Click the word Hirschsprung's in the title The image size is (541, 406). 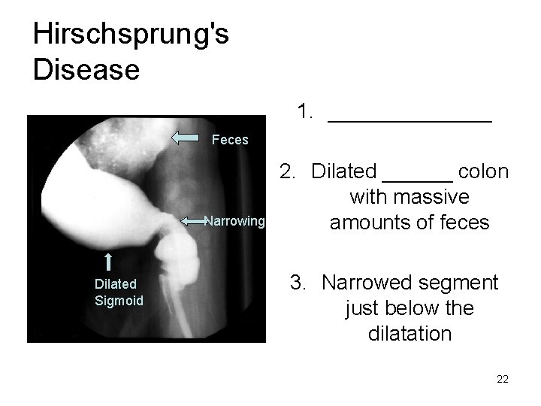point(131,35)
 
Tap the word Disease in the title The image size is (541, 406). point(86,69)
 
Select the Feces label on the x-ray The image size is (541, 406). point(230,140)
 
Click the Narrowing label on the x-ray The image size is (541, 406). point(235,221)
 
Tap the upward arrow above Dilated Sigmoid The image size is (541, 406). point(109,261)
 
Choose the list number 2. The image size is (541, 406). point(288,171)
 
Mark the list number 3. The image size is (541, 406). point(300,283)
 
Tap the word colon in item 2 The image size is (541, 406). point(485,171)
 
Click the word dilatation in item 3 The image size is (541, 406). point(410,333)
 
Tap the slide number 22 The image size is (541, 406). point(503,379)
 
